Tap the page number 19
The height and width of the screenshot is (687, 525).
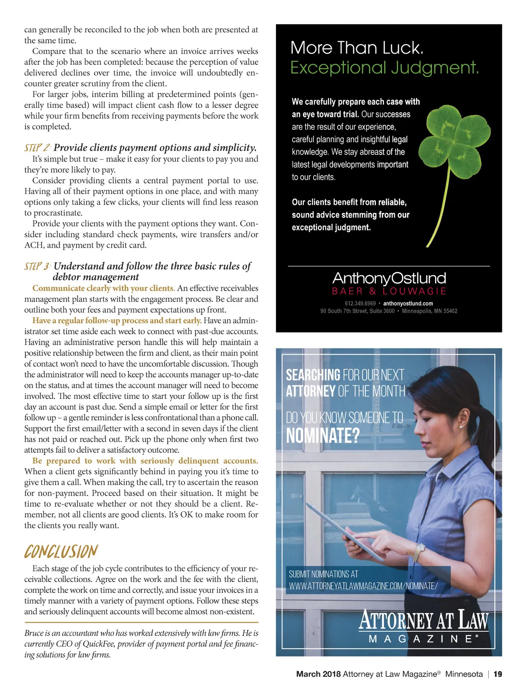(497, 674)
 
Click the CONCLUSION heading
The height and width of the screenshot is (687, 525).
(61, 552)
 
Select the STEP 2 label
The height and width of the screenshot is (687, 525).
(38, 148)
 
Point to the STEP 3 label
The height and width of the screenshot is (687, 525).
(38, 266)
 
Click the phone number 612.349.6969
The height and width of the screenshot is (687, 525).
(360, 303)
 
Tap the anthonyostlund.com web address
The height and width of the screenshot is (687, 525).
(408, 303)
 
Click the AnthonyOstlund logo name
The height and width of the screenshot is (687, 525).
(389, 278)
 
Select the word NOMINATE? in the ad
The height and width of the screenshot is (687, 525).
(322, 436)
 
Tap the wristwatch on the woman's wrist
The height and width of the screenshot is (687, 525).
(420, 548)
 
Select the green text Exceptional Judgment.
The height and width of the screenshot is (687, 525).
(385, 68)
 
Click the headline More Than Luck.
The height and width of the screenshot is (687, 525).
(357, 48)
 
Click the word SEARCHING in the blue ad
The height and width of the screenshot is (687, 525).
(313, 375)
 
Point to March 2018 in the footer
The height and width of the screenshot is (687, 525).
(318, 674)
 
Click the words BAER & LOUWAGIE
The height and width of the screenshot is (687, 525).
(389, 291)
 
